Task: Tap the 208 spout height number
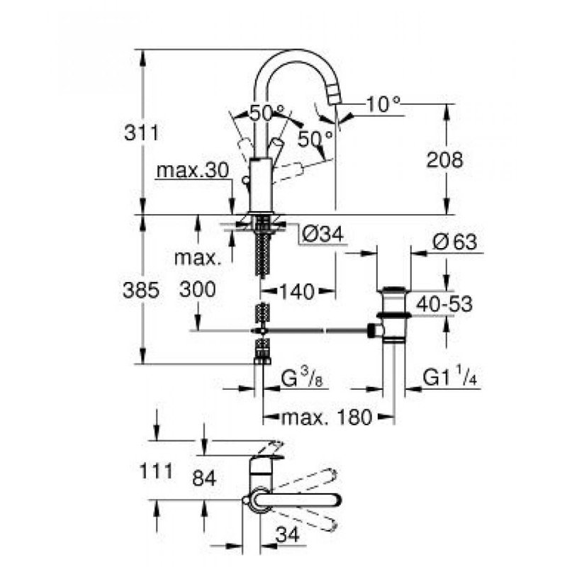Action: tap(444, 160)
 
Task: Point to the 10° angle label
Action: tap(383, 105)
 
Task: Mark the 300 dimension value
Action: tap(198, 289)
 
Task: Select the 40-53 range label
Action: tap(444, 304)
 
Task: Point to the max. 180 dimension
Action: tap(327, 417)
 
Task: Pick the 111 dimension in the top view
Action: tap(156, 471)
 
